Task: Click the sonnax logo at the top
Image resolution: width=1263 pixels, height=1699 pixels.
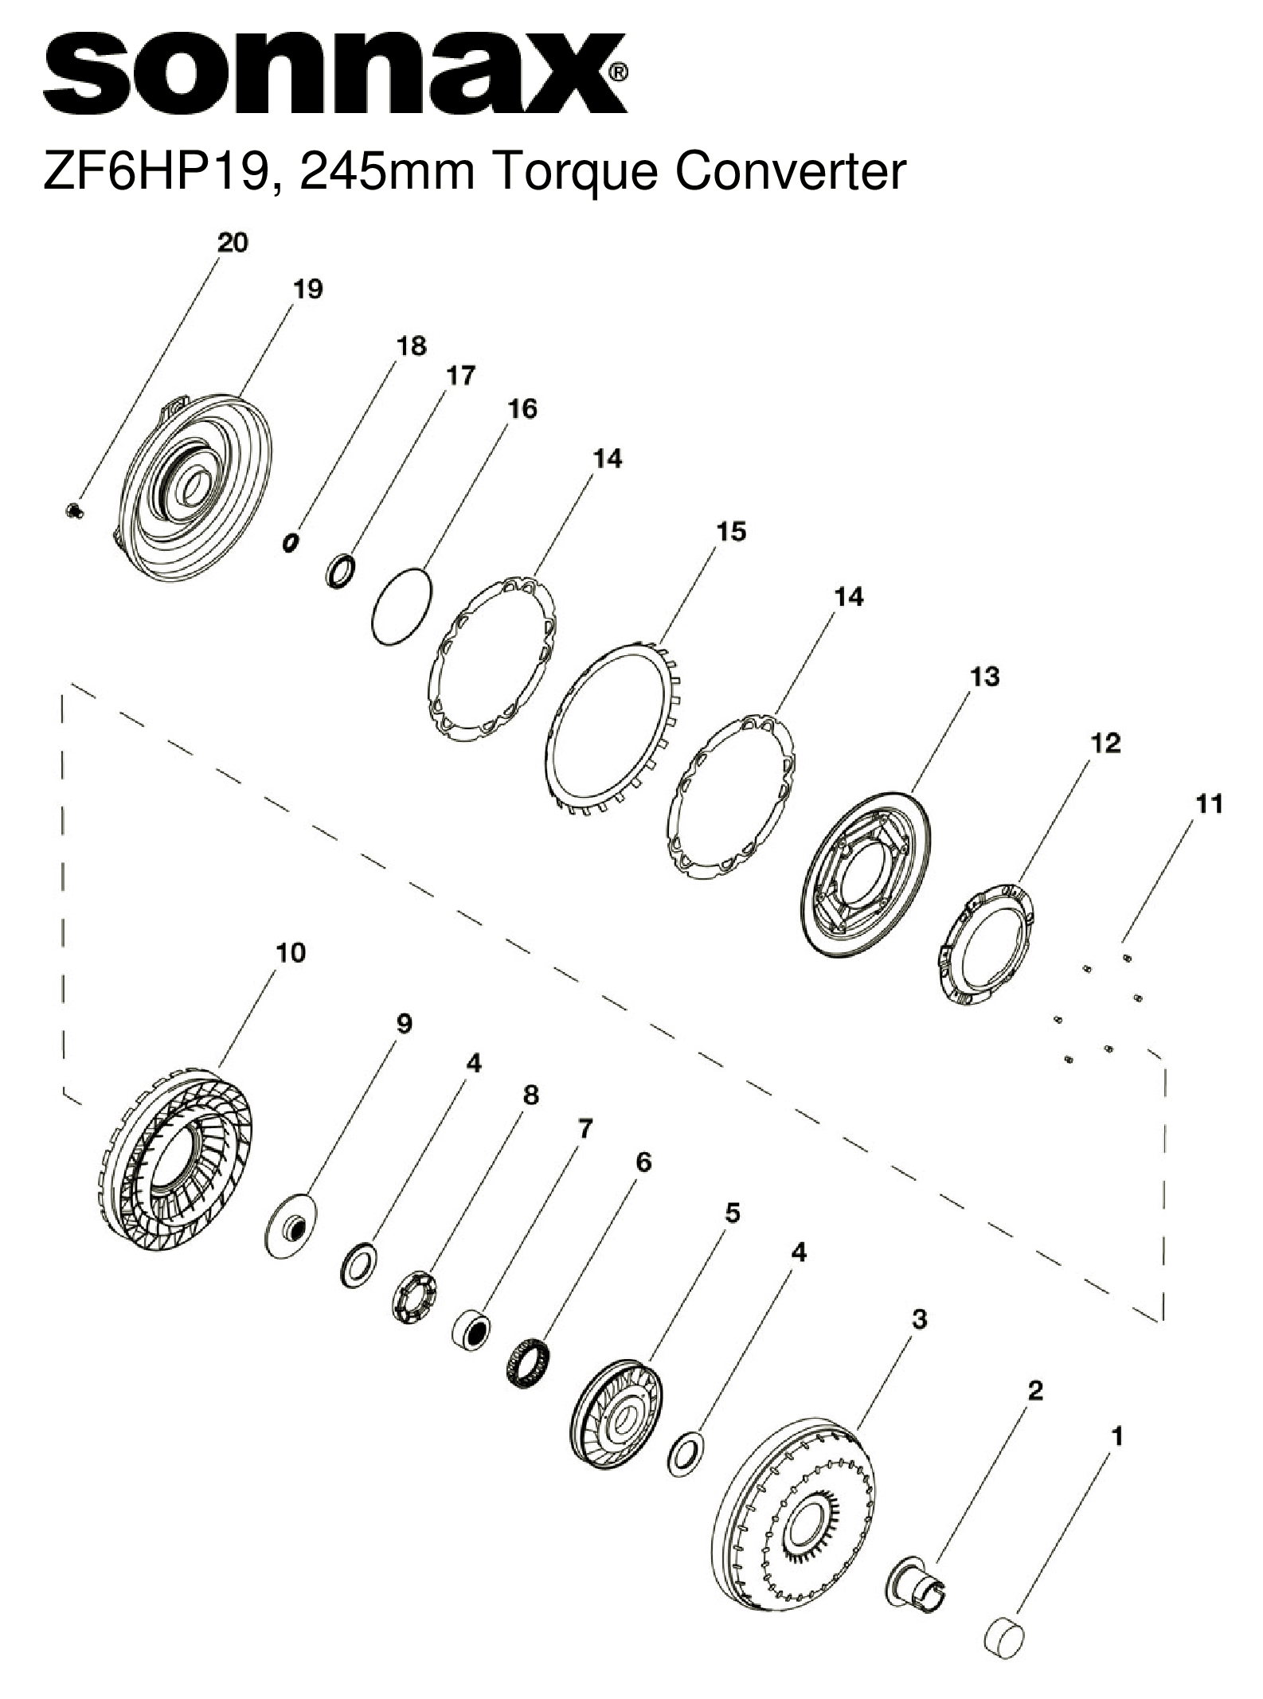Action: (x=334, y=73)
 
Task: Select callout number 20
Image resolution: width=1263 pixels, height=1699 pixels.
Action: (x=233, y=242)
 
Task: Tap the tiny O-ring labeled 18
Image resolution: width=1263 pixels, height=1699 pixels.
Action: (x=291, y=542)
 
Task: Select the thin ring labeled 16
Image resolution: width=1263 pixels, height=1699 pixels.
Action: (x=402, y=606)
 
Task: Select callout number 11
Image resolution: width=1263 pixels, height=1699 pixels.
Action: (x=1209, y=804)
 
